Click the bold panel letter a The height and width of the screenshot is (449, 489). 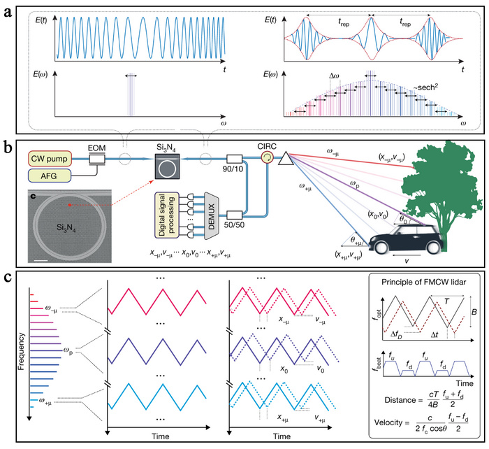pos(10,10)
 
